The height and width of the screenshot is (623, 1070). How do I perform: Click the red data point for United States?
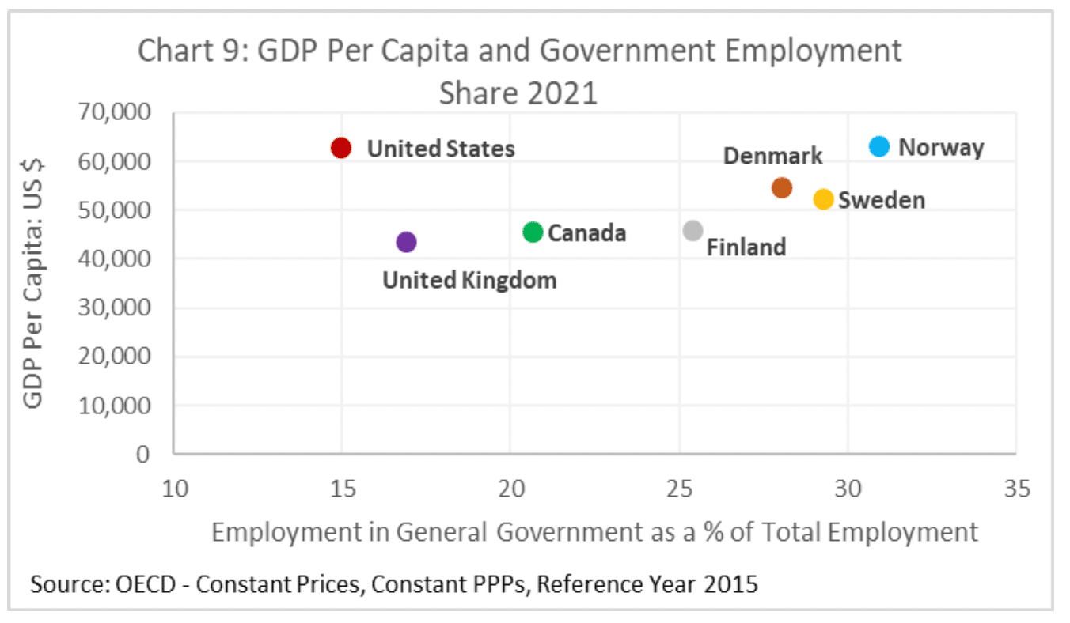pos(341,148)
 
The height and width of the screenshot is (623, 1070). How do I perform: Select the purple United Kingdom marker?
pos(406,242)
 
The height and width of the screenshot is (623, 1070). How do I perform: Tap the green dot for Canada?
pos(533,232)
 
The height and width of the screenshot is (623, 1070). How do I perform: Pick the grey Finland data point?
pos(692,230)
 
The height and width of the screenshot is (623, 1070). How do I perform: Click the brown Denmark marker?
pos(782,187)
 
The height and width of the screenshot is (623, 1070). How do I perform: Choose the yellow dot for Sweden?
pos(823,199)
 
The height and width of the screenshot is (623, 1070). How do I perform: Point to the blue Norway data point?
pos(879,146)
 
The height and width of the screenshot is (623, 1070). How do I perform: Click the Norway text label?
pos(941,148)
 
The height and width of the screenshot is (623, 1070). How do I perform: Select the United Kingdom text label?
pos(469,280)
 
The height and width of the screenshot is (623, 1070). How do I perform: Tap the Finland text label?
pos(746,247)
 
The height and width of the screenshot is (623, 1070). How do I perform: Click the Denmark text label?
pos(773,156)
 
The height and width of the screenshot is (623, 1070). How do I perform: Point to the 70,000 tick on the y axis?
pos(115,112)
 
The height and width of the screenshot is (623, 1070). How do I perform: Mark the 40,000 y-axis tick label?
pos(115,259)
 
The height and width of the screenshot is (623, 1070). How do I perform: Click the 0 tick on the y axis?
pos(142,455)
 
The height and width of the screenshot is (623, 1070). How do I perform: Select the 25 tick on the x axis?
pos(679,489)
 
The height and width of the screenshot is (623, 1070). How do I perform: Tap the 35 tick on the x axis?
pos(1016,489)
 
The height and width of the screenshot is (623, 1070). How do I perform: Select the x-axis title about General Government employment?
pos(594,532)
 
